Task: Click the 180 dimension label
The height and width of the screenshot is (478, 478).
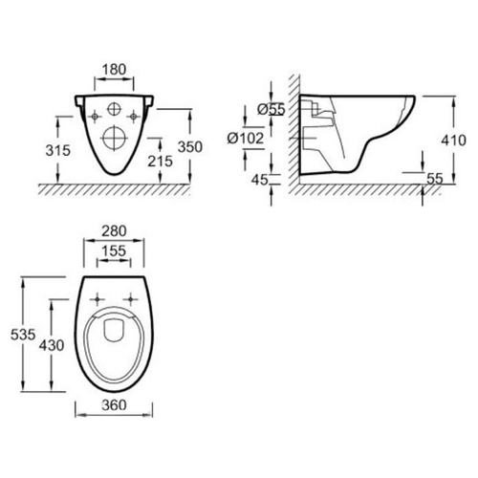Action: pyautogui.click(x=114, y=70)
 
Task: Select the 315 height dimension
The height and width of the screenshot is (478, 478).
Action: pyautogui.click(x=57, y=150)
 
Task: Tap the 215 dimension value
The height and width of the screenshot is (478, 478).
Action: pyautogui.click(x=160, y=162)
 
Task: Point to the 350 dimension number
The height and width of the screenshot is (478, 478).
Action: pyautogui.click(x=190, y=147)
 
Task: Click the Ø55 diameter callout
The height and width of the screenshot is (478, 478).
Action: pyautogui.click(x=272, y=109)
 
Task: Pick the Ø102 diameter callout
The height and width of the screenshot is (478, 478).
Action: pyautogui.click(x=246, y=139)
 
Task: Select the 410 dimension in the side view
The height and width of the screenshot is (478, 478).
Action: pyautogui.click(x=453, y=141)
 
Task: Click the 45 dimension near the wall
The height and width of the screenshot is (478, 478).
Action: pyautogui.click(x=259, y=180)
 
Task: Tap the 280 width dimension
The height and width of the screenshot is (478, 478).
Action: pyautogui.click(x=114, y=231)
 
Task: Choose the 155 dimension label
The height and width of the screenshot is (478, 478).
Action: pyautogui.click(x=114, y=251)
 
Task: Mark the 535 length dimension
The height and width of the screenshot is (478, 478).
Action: pyautogui.click(x=23, y=335)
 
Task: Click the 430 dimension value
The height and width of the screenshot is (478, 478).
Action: pyautogui.click(x=52, y=345)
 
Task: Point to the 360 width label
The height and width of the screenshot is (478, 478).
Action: pyautogui.click(x=114, y=405)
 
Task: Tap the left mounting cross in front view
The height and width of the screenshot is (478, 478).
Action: pyautogui.click(x=95, y=117)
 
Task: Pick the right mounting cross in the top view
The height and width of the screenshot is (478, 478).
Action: pyautogui.click(x=130, y=299)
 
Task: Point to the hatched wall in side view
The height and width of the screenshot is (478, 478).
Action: pyautogui.click(x=294, y=134)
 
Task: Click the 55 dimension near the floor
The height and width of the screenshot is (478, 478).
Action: pyautogui.click(x=435, y=179)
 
